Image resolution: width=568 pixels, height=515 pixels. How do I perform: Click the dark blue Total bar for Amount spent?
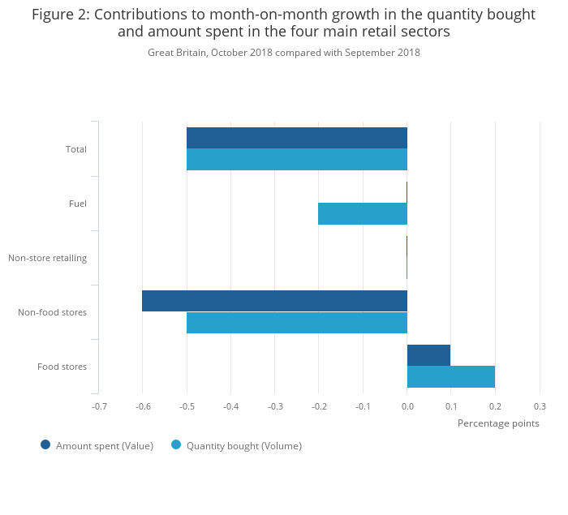pyautogui.click(x=296, y=138)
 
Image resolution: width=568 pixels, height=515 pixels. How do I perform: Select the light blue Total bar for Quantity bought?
pyautogui.click(x=296, y=159)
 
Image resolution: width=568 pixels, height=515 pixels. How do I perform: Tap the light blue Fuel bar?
pyautogui.click(x=362, y=213)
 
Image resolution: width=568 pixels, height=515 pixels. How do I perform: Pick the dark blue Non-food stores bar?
pyautogui.click(x=274, y=301)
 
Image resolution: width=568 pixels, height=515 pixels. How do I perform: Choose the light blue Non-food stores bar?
pyautogui.click(x=296, y=322)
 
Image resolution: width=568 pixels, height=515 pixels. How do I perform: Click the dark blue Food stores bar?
pyautogui.click(x=428, y=355)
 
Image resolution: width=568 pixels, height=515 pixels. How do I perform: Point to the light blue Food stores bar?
pyautogui.click(x=450, y=376)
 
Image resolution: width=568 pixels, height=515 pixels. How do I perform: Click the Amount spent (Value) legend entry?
pyautogui.click(x=104, y=445)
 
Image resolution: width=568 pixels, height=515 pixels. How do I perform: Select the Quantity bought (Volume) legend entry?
pyautogui.click(x=243, y=445)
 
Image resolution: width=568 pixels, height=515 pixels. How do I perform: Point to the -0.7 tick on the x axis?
pyautogui.click(x=98, y=406)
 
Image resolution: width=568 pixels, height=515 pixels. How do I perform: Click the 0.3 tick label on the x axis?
pyautogui.click(x=539, y=406)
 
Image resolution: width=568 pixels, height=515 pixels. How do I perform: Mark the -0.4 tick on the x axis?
pyautogui.click(x=230, y=406)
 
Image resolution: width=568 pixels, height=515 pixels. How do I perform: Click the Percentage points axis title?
pyautogui.click(x=497, y=423)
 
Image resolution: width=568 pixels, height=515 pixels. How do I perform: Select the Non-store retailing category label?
pyautogui.click(x=47, y=258)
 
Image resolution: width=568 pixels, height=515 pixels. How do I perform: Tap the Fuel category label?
pyautogui.click(x=77, y=204)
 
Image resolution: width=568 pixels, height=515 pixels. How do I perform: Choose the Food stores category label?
pyautogui.click(x=62, y=367)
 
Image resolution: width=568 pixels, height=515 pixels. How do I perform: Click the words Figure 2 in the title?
pyautogui.click(x=61, y=15)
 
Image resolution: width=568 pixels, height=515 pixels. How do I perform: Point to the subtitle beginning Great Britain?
pyautogui.click(x=283, y=53)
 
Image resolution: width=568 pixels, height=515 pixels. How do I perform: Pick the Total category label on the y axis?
pyautogui.click(x=75, y=149)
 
